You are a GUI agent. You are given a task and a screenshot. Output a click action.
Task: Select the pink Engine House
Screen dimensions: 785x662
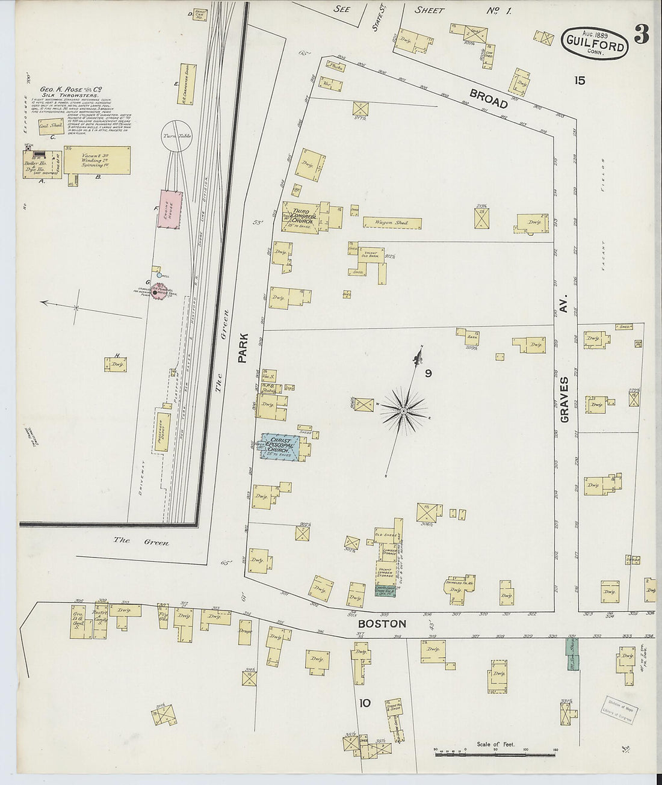click(170, 209)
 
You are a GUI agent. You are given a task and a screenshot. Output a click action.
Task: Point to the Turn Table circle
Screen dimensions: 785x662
click(176, 137)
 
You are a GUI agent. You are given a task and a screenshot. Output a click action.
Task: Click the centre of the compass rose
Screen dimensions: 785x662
click(403, 411)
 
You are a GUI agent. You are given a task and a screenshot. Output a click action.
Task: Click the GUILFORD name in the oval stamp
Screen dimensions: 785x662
click(595, 40)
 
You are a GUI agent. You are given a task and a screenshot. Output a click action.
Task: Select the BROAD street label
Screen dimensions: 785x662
click(489, 98)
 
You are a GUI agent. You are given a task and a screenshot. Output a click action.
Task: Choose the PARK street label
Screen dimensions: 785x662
click(243, 349)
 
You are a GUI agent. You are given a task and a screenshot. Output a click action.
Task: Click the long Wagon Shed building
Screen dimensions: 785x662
click(392, 223)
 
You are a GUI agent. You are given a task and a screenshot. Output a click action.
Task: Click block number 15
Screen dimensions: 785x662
click(579, 80)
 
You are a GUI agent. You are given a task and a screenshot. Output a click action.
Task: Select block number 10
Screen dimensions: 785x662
click(365, 703)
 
